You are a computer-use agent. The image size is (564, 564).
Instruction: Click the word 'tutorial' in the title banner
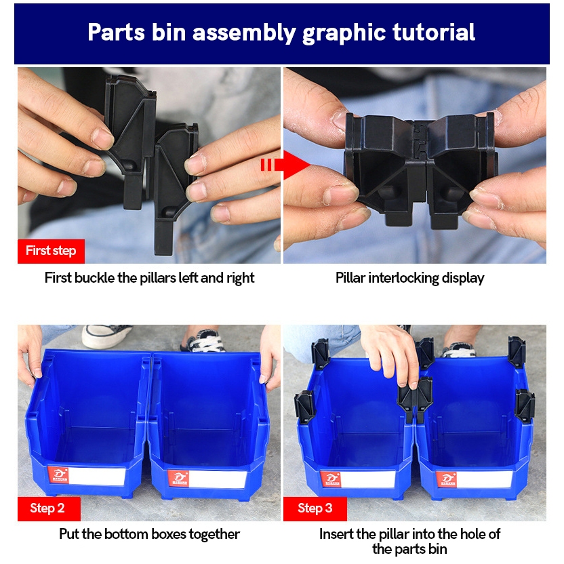click(x=433, y=32)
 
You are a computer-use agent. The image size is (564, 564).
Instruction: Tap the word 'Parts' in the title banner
click(x=116, y=32)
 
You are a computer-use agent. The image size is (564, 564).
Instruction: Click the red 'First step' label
click(x=51, y=251)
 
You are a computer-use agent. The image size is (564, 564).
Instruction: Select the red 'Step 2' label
click(x=49, y=508)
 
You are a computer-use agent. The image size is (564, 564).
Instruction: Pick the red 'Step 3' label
click(x=315, y=508)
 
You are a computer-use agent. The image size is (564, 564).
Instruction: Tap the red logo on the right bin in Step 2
click(x=178, y=479)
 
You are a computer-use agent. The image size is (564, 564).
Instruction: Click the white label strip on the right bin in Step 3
click(x=485, y=479)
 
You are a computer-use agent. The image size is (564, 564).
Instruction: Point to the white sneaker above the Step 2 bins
click(x=106, y=336)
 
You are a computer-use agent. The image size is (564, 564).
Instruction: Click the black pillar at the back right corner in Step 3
click(x=517, y=351)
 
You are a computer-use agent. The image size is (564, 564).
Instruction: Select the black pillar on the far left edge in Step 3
click(x=305, y=407)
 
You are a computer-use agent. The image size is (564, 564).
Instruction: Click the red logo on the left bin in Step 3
click(x=331, y=479)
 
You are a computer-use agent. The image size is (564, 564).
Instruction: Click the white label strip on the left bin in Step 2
click(x=97, y=476)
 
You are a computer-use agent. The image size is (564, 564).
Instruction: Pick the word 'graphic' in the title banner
click(x=344, y=33)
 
